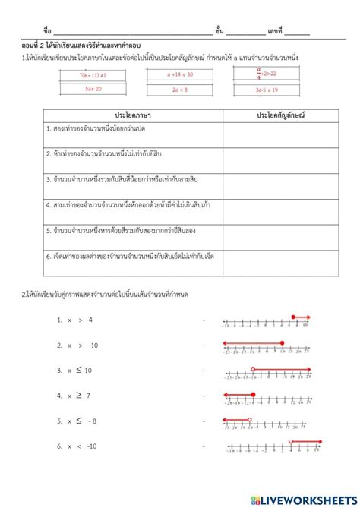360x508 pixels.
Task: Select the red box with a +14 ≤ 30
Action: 180,74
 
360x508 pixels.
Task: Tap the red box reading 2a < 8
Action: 180,89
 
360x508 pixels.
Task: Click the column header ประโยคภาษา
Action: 132,113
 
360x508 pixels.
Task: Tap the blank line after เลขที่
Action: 297,31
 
